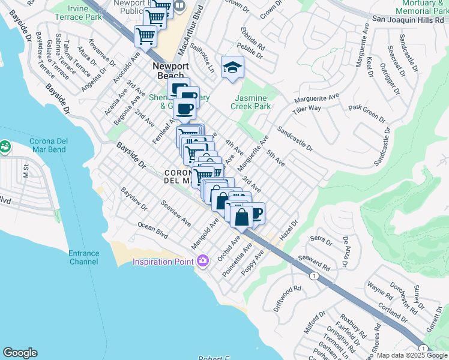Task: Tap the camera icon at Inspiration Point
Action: tap(203, 260)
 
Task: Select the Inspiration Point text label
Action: tap(163, 262)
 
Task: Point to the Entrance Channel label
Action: tap(83, 257)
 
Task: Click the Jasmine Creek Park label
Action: tap(251, 102)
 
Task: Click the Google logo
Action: tap(20, 353)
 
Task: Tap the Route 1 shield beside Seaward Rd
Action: tap(314, 275)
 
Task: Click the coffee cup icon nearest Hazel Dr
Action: tap(256, 213)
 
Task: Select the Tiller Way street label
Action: tap(307, 110)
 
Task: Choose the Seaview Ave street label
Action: tap(176, 212)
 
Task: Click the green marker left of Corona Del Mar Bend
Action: tap(4, 146)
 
